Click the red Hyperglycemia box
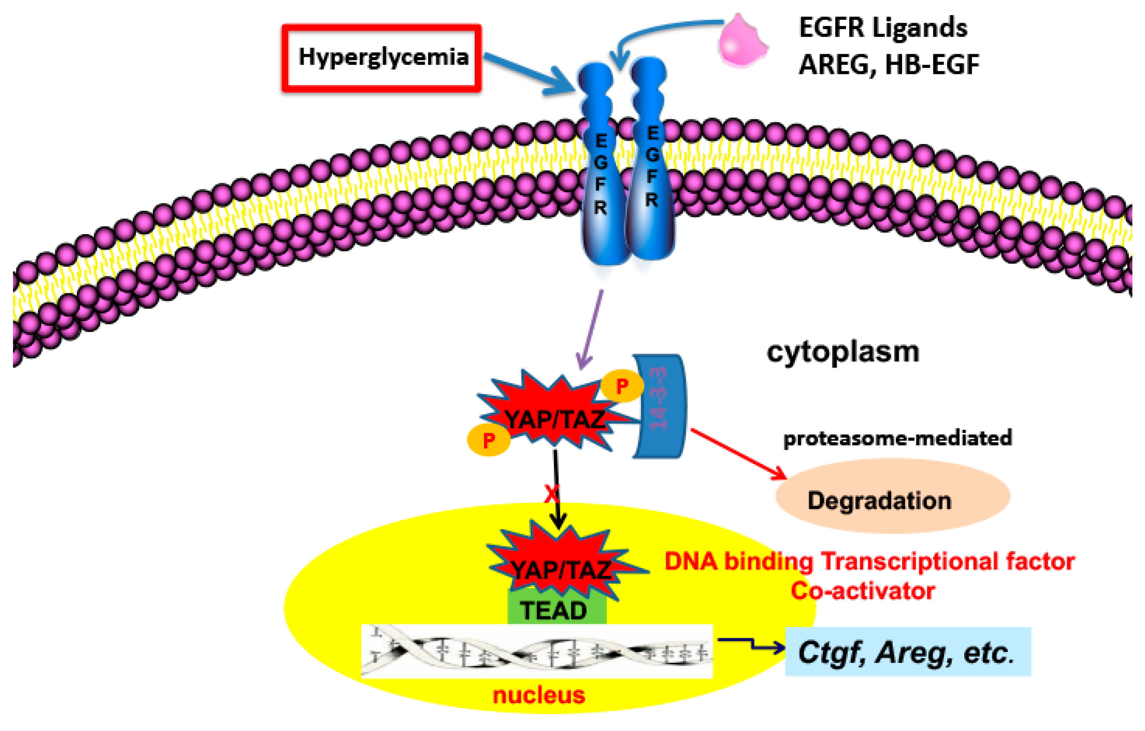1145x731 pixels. tap(382, 58)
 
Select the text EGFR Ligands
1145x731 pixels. tap(883, 27)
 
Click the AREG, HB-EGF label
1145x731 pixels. tap(889, 65)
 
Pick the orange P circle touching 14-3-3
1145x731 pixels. tap(622, 386)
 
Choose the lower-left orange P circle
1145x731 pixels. tap(489, 440)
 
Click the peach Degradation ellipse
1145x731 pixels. tap(892, 500)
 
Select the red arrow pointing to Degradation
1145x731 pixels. tap(737, 454)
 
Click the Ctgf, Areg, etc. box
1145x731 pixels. tap(907, 652)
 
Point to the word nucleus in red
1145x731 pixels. tap(539, 695)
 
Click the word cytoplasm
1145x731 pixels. tap(843, 353)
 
